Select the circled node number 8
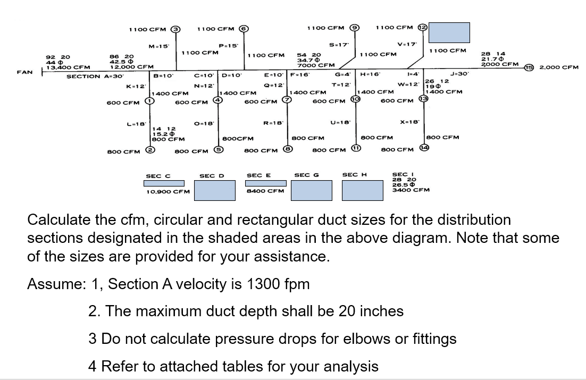coord(287,150)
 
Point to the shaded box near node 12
coord(449,32)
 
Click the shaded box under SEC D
coord(214,190)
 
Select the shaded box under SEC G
coord(312,190)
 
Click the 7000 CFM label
coord(316,65)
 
